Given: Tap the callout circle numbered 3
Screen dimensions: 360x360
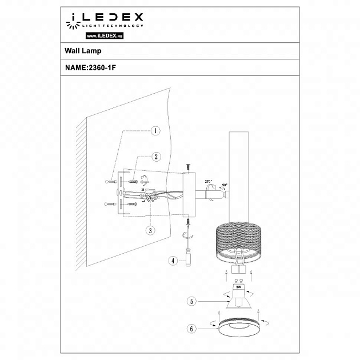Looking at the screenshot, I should pos(150,231).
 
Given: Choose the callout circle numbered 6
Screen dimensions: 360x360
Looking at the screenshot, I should pos(193,329).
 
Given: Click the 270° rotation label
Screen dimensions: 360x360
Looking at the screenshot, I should pos(208,181).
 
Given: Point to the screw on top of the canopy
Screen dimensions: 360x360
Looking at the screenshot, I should pos(187,167).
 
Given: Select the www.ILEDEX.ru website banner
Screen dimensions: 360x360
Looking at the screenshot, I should pos(106,36).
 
